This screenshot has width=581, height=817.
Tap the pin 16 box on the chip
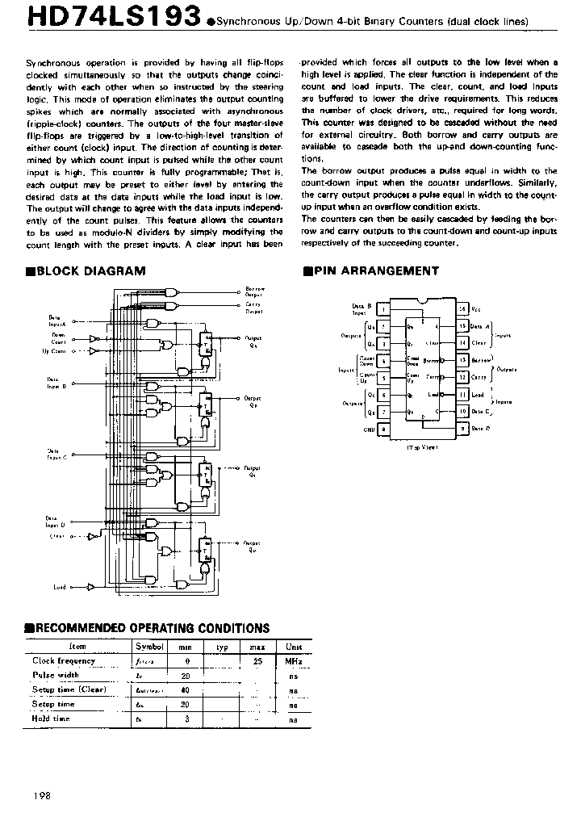(462, 309)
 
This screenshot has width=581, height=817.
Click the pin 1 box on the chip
(383, 309)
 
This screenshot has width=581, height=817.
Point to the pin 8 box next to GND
(383, 429)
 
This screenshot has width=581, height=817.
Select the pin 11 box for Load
(462, 395)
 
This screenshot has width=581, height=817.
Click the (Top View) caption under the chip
(422, 446)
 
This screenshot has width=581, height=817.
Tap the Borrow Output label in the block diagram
(255, 291)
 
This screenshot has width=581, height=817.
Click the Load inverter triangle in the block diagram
(90, 588)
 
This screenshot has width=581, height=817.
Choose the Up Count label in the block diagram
(54, 351)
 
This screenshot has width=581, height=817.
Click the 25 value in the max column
(257, 661)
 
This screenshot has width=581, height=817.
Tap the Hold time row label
(51, 718)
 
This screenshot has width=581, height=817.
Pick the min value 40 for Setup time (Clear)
(185, 689)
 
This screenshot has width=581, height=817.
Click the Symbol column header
(149, 647)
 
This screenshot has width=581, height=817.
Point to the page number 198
(43, 795)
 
